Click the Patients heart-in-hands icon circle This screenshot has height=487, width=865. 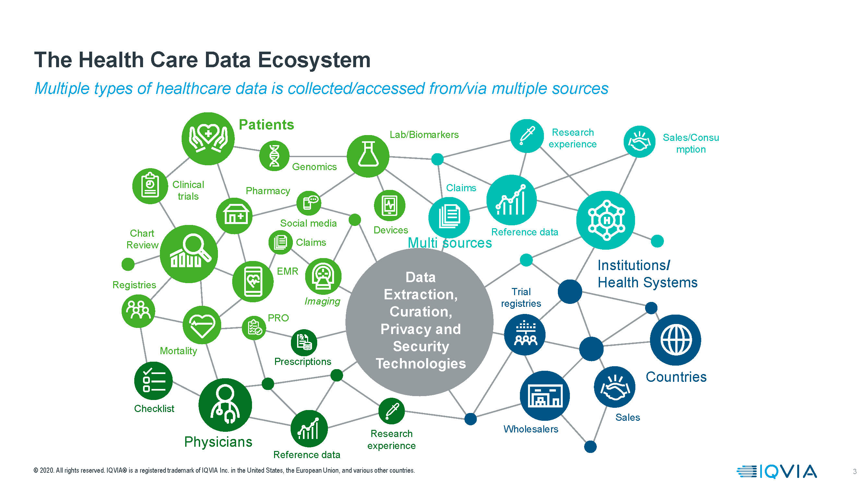coord(208,139)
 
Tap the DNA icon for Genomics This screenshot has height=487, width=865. coord(274,156)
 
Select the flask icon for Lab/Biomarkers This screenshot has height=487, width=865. coord(368,156)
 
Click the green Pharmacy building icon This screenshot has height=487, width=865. coord(234,216)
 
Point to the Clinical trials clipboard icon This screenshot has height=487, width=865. coord(150,186)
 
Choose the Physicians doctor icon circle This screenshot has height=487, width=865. coord(225,405)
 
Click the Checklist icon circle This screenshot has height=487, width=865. coord(153,381)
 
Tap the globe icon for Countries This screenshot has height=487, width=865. coord(675,340)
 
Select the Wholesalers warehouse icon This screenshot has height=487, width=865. coord(544,395)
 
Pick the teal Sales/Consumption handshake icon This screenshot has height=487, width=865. coord(639,142)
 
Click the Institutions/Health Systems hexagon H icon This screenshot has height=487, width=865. coord(606,220)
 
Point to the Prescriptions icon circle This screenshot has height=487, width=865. coord(304,343)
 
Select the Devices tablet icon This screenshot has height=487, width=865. coord(390,206)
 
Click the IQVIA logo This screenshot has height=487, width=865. coord(776,471)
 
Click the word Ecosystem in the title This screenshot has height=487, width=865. coord(314,60)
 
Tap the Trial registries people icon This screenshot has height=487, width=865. coord(524,334)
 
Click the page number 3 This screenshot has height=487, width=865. coord(854,471)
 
